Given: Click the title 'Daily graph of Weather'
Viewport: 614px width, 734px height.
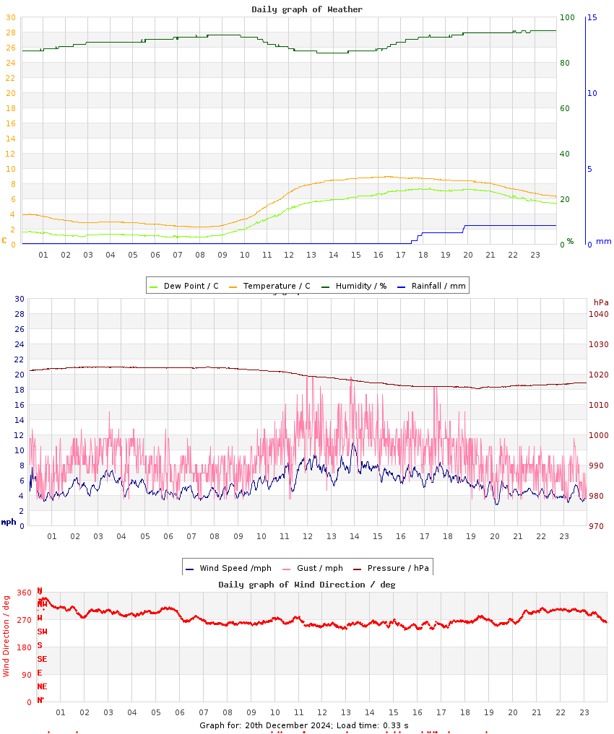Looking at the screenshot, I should pyautogui.click(x=307, y=9).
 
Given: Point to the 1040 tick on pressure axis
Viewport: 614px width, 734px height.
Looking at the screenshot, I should pyautogui.click(x=598, y=314).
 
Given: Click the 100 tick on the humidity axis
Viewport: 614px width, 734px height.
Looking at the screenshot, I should pyautogui.click(x=567, y=17).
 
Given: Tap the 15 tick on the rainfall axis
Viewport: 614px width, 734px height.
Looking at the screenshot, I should pyautogui.click(x=592, y=17).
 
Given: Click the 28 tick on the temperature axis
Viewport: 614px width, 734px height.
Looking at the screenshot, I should pyautogui.click(x=10, y=32).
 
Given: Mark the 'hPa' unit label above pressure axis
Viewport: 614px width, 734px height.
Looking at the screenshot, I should pyautogui.click(x=601, y=302).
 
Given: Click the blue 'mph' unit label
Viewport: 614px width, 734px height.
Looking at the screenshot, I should pyautogui.click(x=9, y=522).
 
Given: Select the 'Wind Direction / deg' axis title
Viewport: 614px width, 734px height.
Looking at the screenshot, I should pyautogui.click(x=7, y=635).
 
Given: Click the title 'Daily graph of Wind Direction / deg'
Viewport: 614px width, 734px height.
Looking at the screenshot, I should pyautogui.click(x=307, y=584).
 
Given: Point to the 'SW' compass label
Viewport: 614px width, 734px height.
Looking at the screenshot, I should pyautogui.click(x=43, y=632).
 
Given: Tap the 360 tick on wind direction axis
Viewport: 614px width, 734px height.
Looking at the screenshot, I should pyautogui.click(x=24, y=593).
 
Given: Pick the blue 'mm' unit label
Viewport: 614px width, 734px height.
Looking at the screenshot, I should pyautogui.click(x=603, y=241).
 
